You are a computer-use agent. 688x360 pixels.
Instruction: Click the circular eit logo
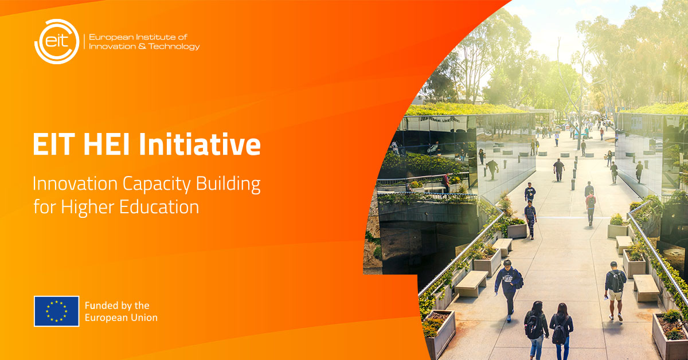(57, 41)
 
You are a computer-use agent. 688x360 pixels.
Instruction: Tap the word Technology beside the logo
(174, 46)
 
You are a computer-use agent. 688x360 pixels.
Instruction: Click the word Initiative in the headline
(200, 144)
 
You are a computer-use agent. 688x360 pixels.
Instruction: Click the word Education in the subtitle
(159, 207)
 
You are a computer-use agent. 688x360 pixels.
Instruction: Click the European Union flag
(57, 311)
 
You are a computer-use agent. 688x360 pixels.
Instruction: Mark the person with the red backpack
(591, 208)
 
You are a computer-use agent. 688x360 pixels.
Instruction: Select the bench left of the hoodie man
(471, 284)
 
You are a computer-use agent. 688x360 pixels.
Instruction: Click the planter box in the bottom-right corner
(670, 335)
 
